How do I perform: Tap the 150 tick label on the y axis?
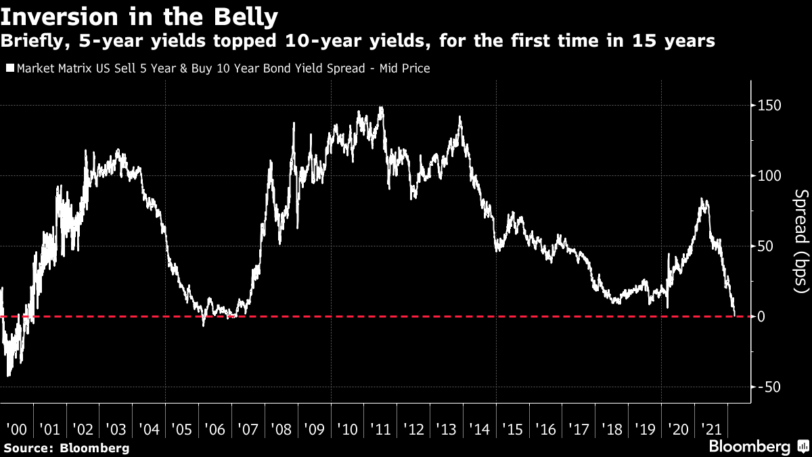click(x=769, y=106)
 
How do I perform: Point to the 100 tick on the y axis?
click(x=769, y=176)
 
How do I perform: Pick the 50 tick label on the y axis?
click(x=765, y=246)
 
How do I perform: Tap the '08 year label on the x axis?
click(x=280, y=429)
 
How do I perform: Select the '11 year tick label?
click(x=380, y=429)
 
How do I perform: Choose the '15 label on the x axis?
click(x=512, y=429)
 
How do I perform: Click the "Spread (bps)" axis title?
click(x=800, y=241)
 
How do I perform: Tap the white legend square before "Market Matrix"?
click(x=9, y=68)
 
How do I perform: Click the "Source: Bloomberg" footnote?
click(x=66, y=448)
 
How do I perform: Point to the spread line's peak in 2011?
click(x=382, y=107)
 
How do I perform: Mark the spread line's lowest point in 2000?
click(x=8, y=376)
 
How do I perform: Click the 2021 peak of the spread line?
click(x=703, y=199)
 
